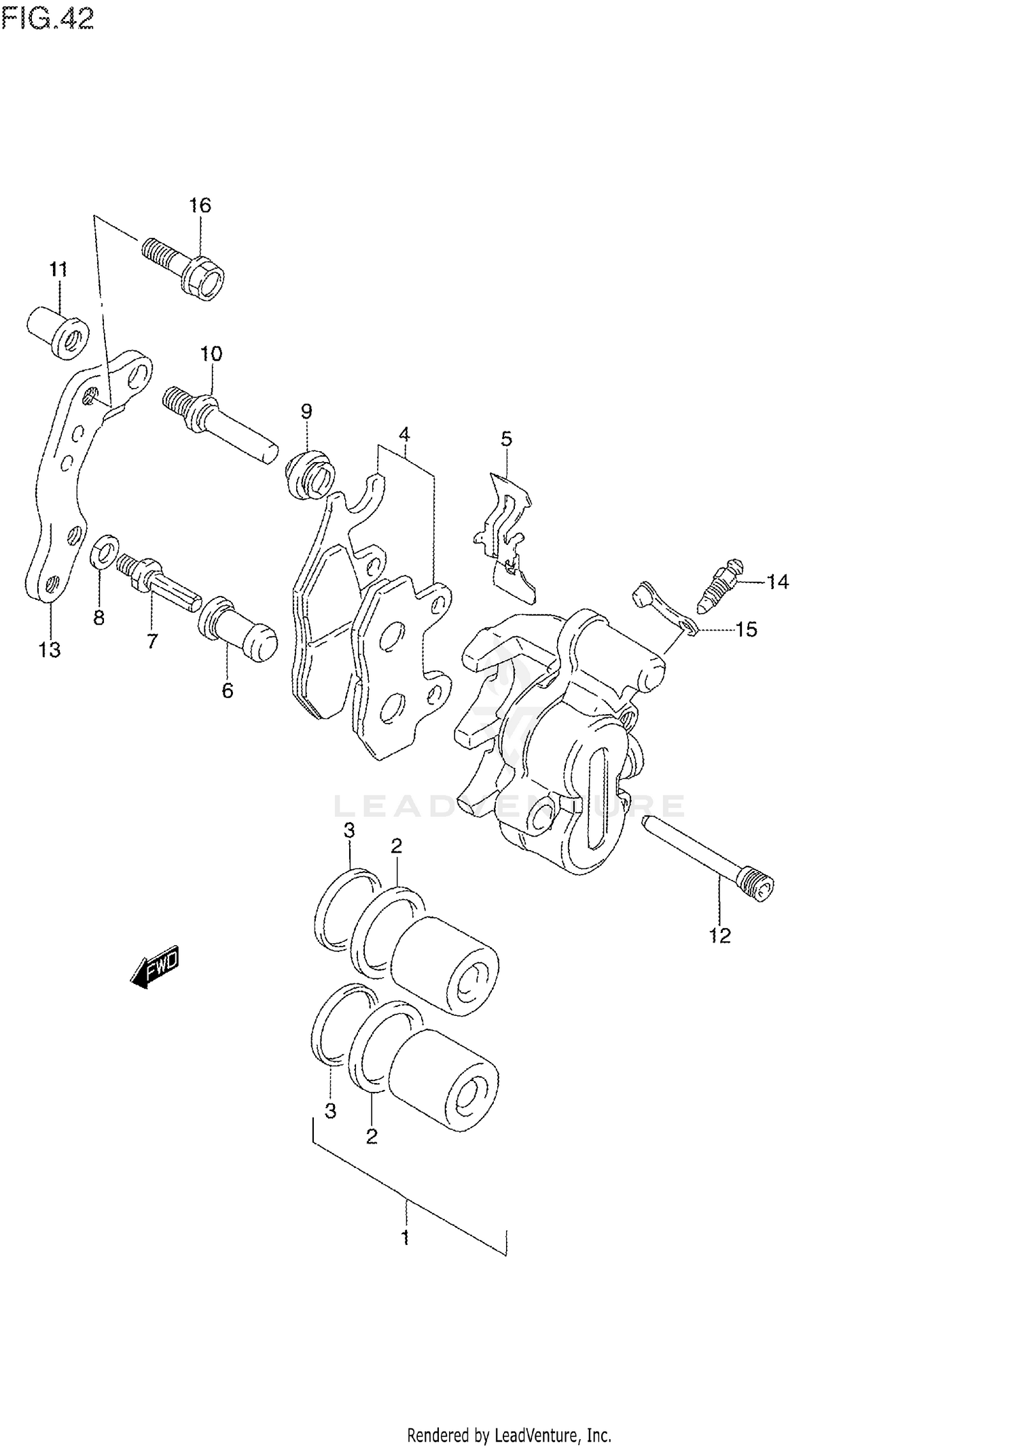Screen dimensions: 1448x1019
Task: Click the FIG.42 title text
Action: pos(48,19)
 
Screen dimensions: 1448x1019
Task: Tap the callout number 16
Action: pos(200,205)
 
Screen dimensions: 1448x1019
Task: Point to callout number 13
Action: pos(49,650)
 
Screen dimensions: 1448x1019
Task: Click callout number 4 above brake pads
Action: pos(404,434)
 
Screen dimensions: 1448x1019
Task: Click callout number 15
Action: pos(747,629)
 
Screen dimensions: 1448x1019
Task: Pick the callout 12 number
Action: pos(720,936)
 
